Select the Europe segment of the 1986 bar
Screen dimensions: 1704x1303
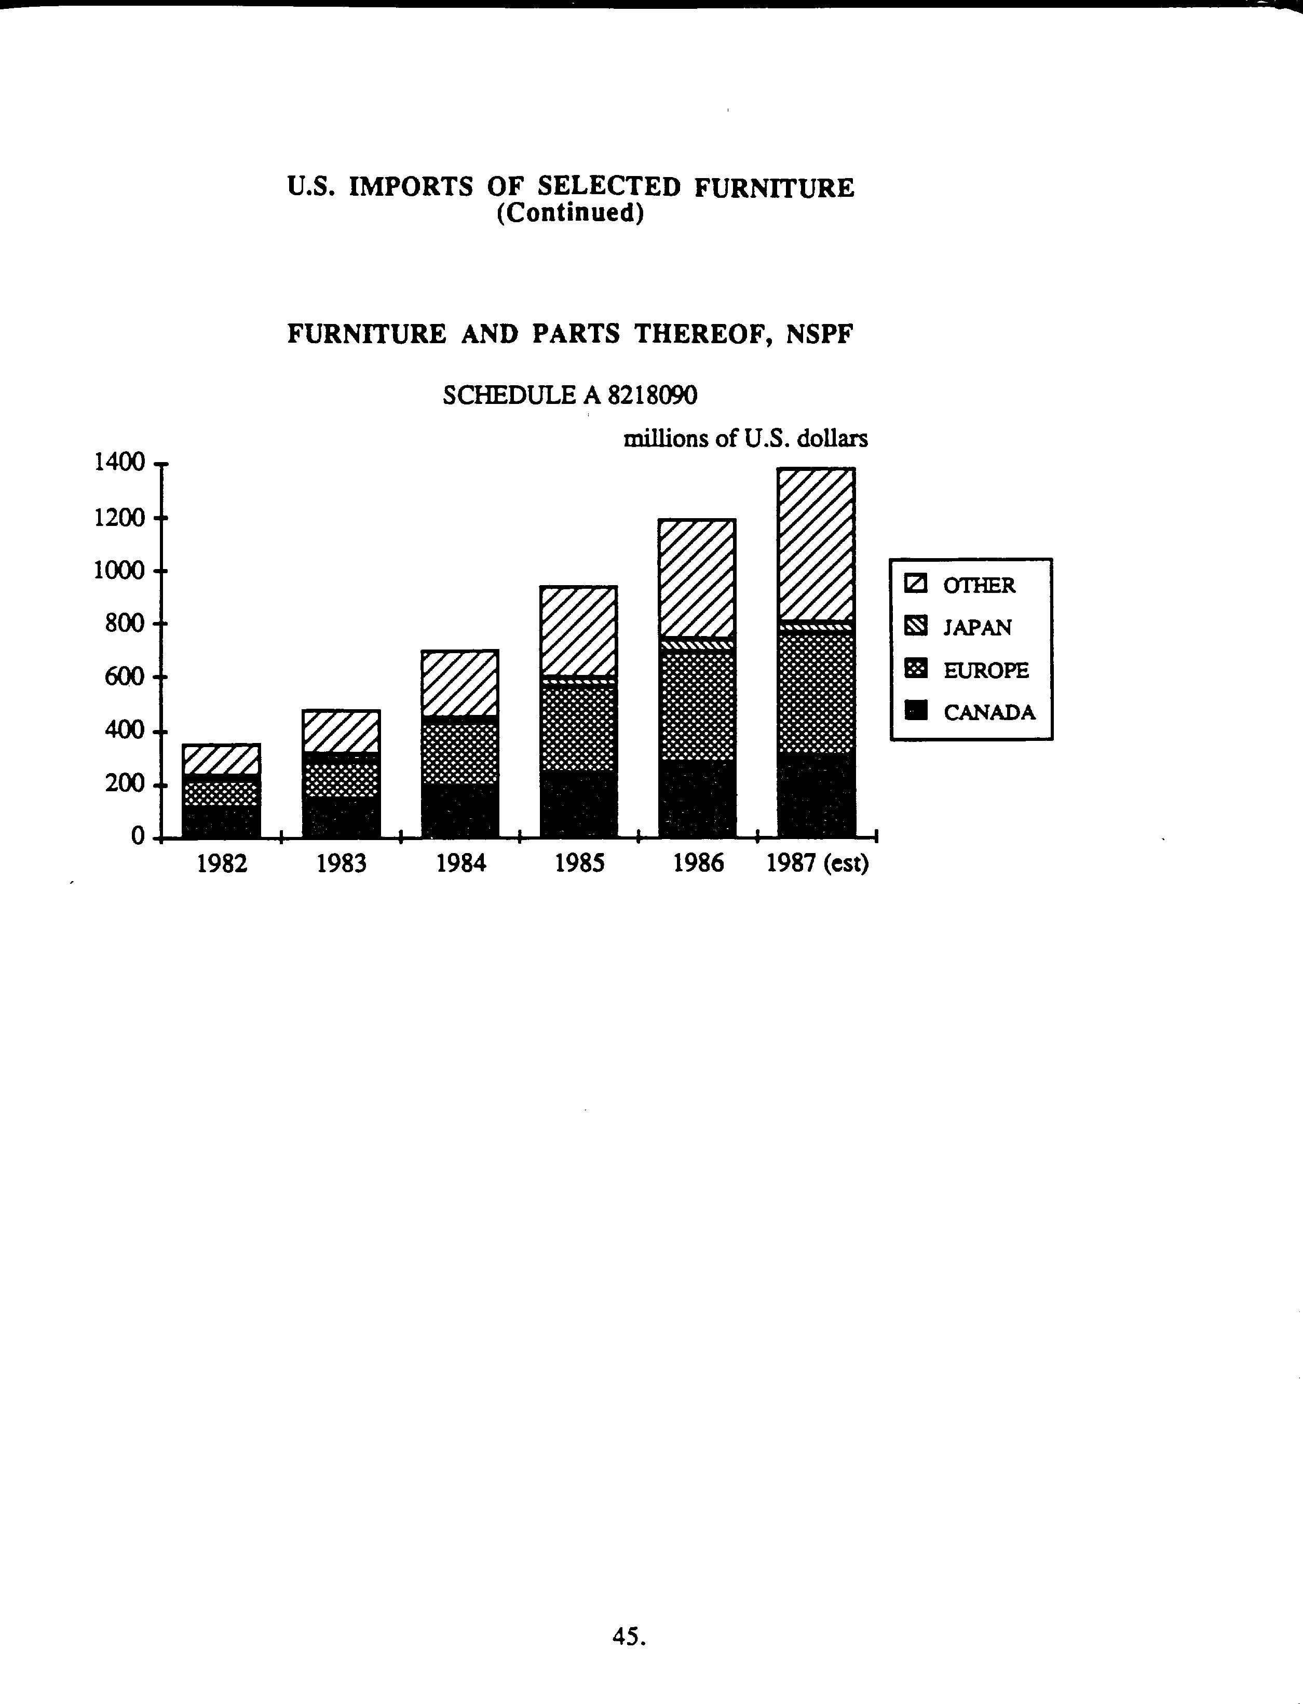point(697,705)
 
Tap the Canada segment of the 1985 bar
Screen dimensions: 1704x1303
point(579,804)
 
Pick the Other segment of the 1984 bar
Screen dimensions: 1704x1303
point(460,683)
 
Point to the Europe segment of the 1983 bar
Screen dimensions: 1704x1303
point(341,780)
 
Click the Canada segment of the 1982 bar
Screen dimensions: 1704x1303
point(221,821)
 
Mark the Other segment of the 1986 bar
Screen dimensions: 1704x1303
point(697,578)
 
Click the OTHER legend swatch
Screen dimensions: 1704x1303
point(916,584)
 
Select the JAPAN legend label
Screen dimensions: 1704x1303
point(977,628)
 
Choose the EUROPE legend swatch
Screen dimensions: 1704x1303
point(916,669)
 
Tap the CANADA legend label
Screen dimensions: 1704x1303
point(989,712)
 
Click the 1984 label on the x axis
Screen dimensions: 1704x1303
point(460,863)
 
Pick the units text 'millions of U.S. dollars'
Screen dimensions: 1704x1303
point(745,439)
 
